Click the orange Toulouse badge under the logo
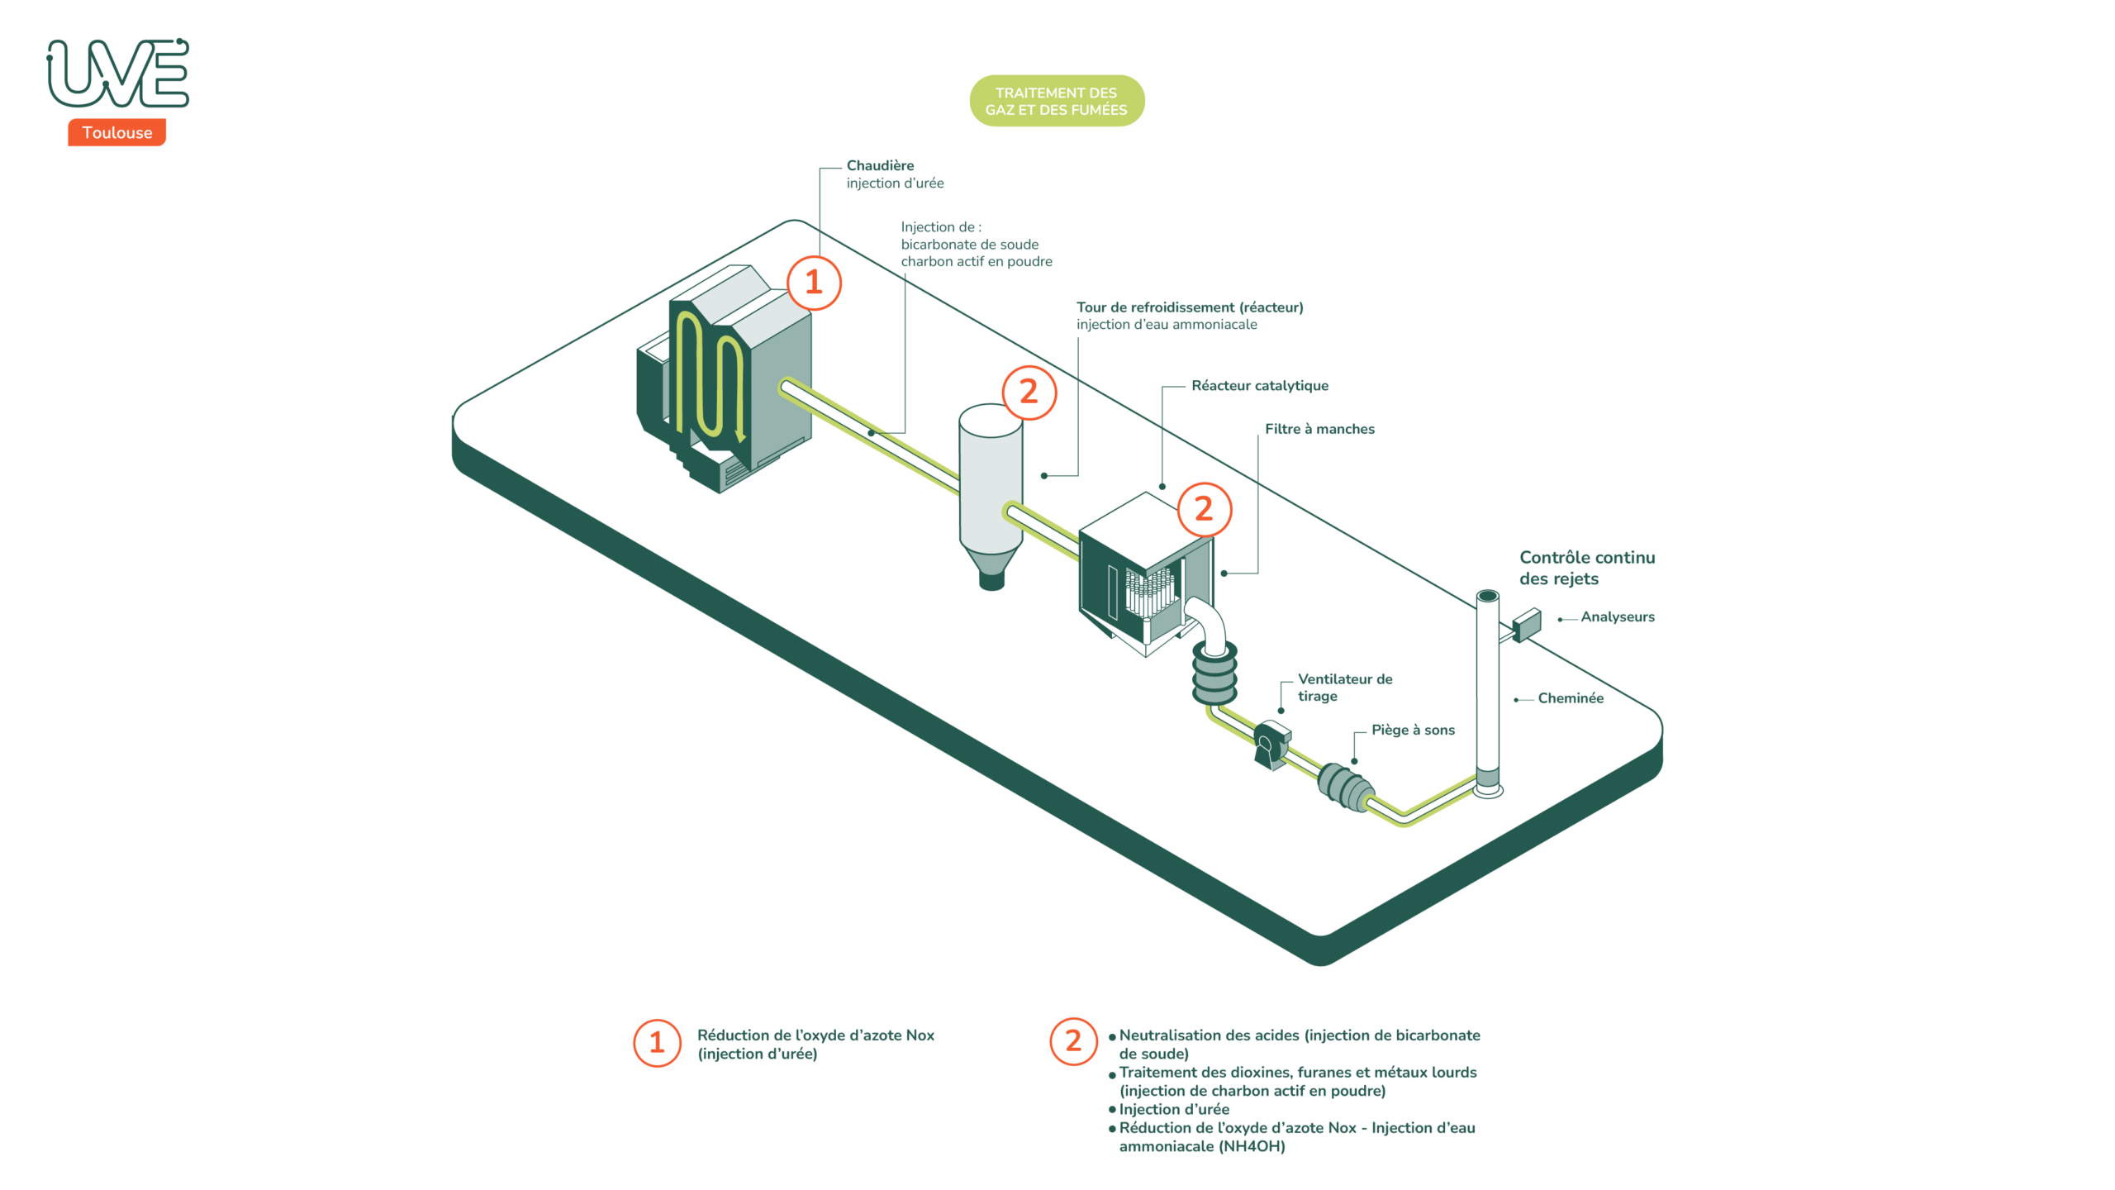coord(116,132)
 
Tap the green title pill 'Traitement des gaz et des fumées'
coord(1056,101)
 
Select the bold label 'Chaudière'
coord(880,165)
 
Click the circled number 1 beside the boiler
coord(814,283)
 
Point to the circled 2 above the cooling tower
coord(1029,392)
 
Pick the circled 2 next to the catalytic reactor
coord(1204,509)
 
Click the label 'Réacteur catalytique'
coord(1259,385)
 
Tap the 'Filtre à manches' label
coord(1319,429)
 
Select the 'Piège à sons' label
coord(1413,730)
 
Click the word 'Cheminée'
coord(1570,698)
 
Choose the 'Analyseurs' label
coord(1617,616)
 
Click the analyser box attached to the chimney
coord(1527,624)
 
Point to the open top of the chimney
coord(1487,596)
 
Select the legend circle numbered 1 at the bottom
coord(657,1043)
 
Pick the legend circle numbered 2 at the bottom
coord(1073,1041)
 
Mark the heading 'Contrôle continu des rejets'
coord(1586,568)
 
